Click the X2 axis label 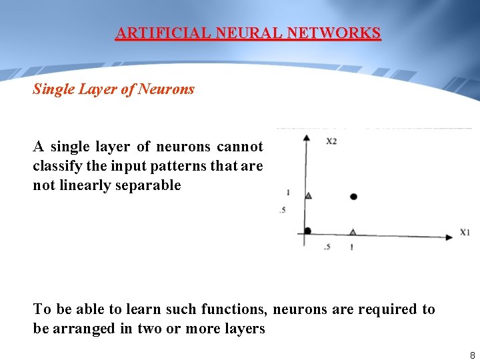tap(331, 141)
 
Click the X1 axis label tap(465, 232)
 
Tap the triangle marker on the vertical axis tap(308, 195)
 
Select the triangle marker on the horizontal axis tap(353, 231)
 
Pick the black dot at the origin tap(307, 231)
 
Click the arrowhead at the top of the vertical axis tap(306, 138)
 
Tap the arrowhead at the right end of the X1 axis tap(449, 235)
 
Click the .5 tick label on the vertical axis tap(283, 211)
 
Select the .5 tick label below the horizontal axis tap(327, 247)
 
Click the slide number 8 tap(472, 355)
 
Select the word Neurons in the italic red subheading tap(166, 89)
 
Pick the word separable tap(149, 185)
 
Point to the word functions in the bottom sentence tap(233, 309)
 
